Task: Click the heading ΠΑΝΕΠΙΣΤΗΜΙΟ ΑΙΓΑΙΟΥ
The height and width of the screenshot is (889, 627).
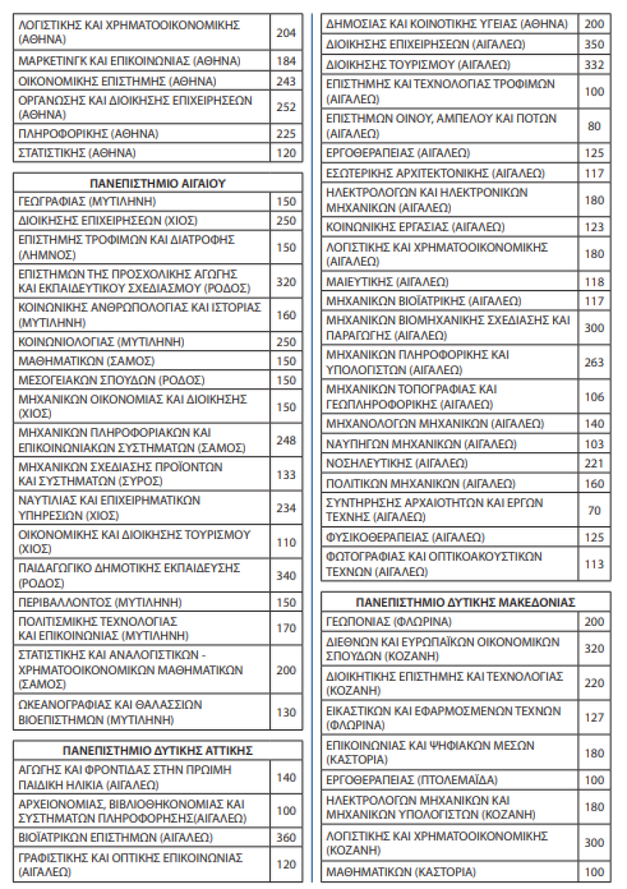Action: [157, 183]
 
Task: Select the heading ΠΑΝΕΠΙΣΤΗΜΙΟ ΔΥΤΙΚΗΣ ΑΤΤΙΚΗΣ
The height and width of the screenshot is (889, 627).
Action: [157, 751]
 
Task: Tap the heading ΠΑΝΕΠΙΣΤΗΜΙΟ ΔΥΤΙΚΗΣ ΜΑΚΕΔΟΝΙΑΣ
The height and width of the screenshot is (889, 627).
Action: [465, 602]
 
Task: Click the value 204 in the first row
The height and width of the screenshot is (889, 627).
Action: [286, 32]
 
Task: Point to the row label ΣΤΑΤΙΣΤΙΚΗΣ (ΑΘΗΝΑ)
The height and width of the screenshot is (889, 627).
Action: [77, 153]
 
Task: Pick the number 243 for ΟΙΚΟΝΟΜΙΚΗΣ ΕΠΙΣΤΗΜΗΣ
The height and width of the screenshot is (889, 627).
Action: [286, 81]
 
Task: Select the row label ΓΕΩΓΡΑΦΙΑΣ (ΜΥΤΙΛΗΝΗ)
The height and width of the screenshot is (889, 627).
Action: [87, 202]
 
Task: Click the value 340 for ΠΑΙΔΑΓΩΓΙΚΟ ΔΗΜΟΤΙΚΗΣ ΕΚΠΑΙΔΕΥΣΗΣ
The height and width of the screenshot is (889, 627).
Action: [286, 575]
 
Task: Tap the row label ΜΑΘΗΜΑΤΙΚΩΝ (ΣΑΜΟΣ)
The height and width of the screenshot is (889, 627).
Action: [86, 361]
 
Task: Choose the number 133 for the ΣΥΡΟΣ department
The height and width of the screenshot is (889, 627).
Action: [286, 474]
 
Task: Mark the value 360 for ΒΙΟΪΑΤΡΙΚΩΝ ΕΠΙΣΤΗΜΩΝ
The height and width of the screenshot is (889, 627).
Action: [286, 838]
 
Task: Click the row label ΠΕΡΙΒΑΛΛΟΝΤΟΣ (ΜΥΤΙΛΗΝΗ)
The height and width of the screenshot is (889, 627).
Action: [100, 602]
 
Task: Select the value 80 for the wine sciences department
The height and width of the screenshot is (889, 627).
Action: [594, 126]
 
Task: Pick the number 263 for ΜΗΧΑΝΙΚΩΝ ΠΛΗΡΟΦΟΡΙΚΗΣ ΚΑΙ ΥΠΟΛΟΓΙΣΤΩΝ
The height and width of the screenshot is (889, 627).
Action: [594, 362]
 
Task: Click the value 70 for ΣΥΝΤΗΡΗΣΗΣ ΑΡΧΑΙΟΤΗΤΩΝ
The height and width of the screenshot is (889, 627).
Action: [594, 510]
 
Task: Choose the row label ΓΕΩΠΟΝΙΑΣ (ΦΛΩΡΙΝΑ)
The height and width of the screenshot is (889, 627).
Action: [389, 622]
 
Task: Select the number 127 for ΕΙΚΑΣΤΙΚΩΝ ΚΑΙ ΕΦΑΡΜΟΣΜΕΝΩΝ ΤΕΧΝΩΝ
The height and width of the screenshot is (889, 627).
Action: [594, 718]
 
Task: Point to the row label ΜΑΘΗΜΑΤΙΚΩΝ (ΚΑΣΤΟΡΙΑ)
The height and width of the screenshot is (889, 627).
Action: [400, 871]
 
